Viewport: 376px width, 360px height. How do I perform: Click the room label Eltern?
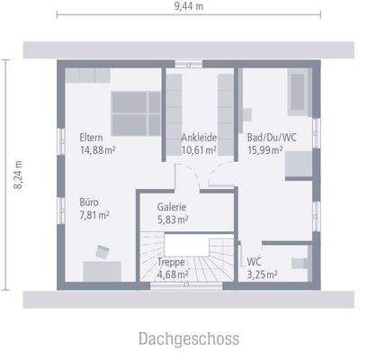point(91,138)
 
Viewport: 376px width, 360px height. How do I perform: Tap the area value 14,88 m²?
point(97,150)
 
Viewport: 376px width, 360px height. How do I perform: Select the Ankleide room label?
point(199,138)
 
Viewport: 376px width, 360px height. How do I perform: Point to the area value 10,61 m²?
point(199,150)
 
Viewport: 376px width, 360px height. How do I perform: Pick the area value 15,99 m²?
point(265,150)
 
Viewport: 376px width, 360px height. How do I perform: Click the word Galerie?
point(172,206)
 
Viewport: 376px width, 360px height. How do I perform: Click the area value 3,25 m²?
point(262,274)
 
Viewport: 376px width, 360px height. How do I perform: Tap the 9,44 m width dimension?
point(188,7)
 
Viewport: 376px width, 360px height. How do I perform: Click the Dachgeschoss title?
point(188,338)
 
